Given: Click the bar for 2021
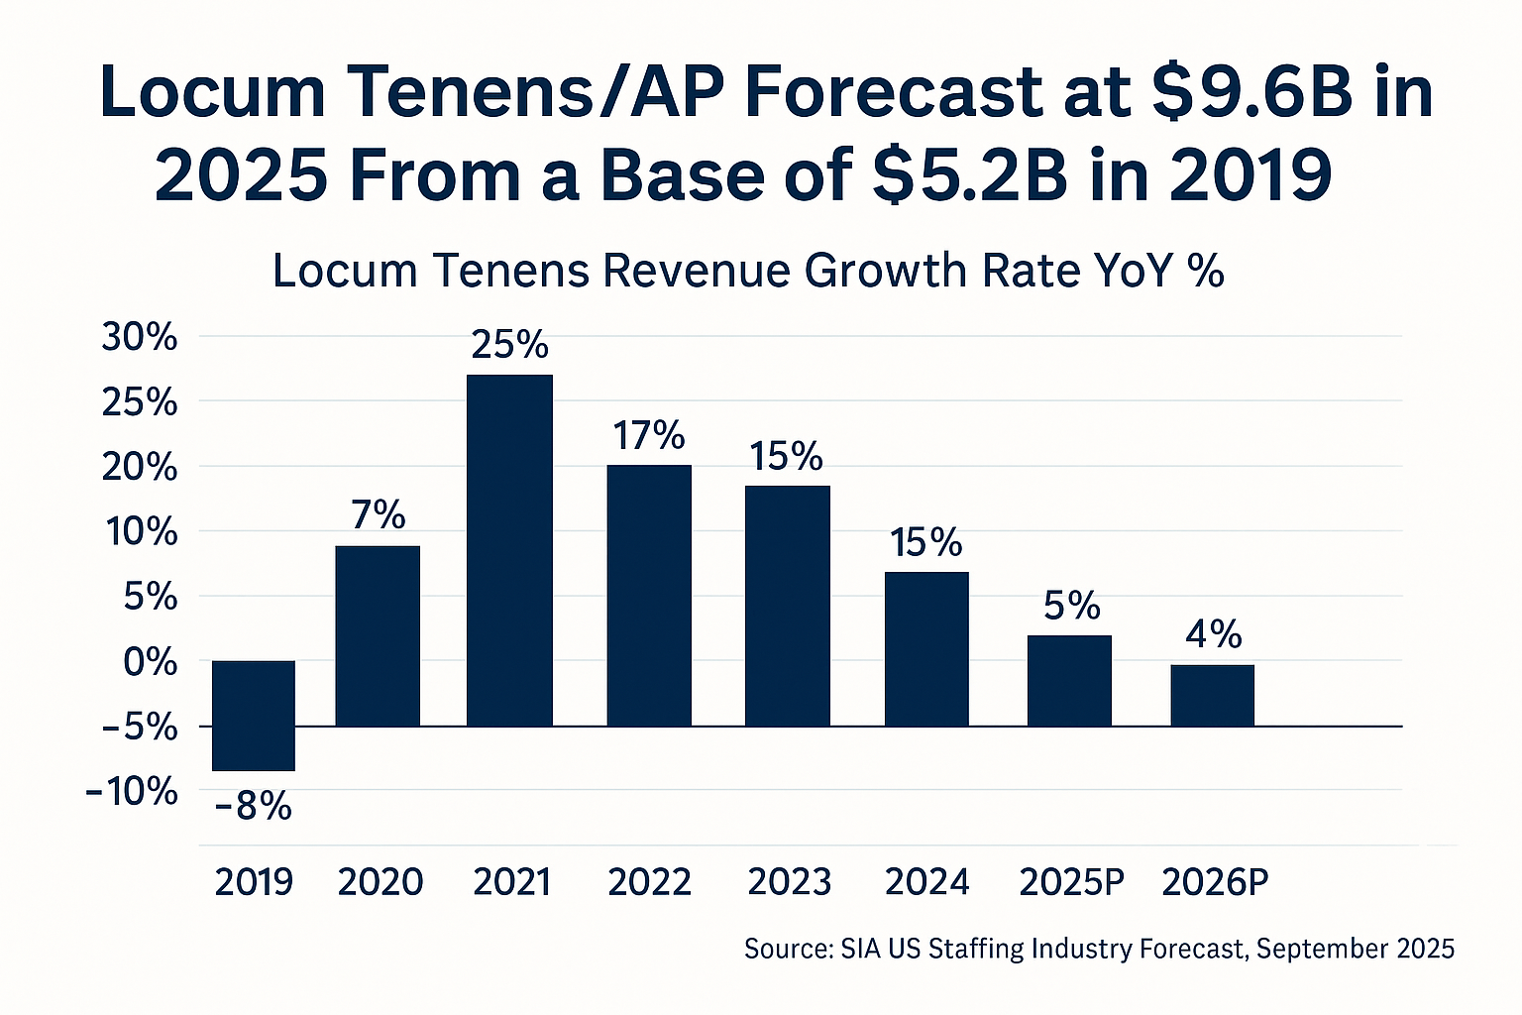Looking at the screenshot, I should (x=509, y=550).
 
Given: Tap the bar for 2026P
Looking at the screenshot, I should (x=1212, y=695).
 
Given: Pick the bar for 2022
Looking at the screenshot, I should (x=649, y=595).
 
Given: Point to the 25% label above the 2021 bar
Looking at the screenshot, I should (x=509, y=344).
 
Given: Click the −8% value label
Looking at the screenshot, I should (x=254, y=806).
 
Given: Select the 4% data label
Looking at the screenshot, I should (x=1213, y=633).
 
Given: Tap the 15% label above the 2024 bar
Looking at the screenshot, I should (x=926, y=542).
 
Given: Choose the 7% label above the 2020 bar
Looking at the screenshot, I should (x=379, y=514).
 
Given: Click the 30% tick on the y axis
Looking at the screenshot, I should (x=140, y=338).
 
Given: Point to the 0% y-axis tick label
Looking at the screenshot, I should (x=151, y=662).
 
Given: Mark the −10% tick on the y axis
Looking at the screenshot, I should (x=133, y=792).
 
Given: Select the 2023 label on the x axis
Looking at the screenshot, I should (x=789, y=881).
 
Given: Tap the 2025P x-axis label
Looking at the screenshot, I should (x=1071, y=881).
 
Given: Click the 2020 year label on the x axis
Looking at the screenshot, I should (x=380, y=881).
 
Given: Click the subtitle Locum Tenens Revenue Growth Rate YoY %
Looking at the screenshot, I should (x=748, y=271).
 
